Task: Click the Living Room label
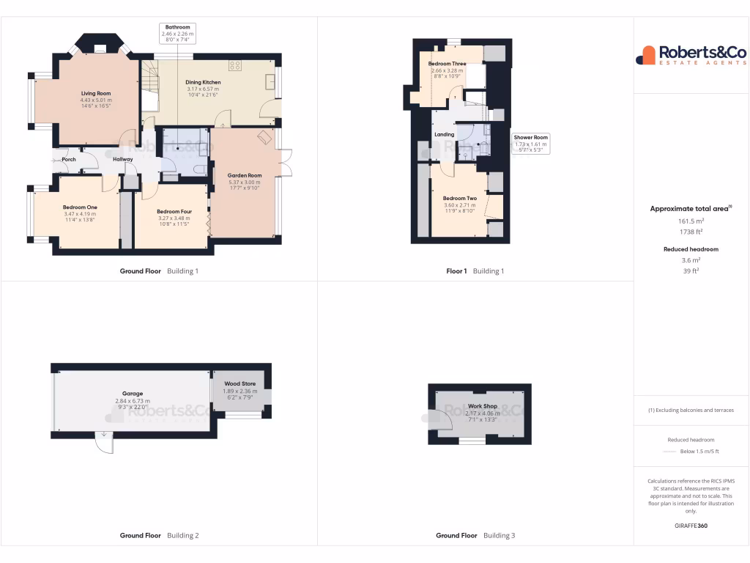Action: (96, 94)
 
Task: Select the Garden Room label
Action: (245, 175)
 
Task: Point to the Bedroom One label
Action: (80, 207)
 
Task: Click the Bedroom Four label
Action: (174, 212)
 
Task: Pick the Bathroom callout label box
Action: (177, 34)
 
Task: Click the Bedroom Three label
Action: (447, 65)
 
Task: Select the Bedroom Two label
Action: (460, 199)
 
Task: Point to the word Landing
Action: (444, 135)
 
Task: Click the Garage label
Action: (133, 394)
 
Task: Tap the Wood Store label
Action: (240, 383)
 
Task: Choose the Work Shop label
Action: (482, 406)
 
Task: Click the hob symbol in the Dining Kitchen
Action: (236, 65)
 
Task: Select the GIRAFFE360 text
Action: (691, 526)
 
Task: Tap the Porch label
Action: (69, 159)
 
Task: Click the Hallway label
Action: (122, 159)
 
